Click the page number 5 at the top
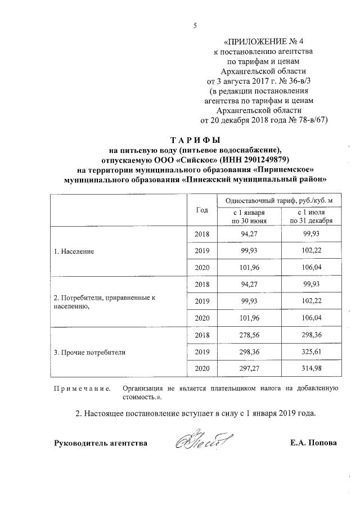click(194, 24)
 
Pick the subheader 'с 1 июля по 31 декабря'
click(310, 217)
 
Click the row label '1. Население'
click(74, 251)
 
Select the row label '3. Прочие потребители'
click(89, 353)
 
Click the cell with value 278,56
click(248, 335)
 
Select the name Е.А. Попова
click(313, 443)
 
